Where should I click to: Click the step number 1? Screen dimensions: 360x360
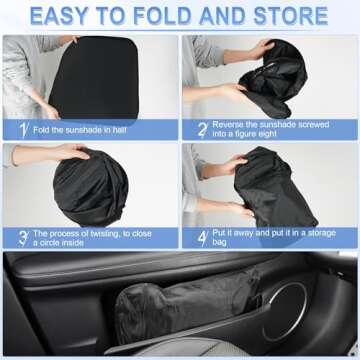pyautogui.click(x=21, y=130)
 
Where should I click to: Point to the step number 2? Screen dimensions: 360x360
pyautogui.click(x=201, y=130)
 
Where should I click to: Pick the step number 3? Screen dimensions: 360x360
pyautogui.click(x=21, y=237)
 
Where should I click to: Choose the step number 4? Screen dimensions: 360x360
pyautogui.click(x=201, y=237)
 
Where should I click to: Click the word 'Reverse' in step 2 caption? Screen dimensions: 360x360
pyautogui.click(x=231, y=125)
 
